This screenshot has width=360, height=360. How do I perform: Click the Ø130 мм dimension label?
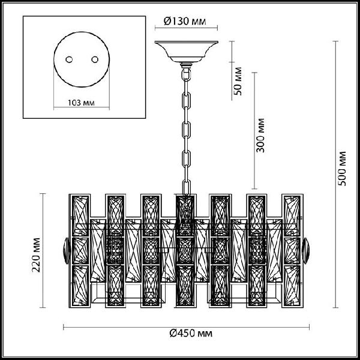click(x=185, y=22)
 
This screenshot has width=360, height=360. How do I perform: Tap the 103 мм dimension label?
click(x=81, y=103)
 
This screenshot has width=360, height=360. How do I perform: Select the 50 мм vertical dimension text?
click(x=238, y=81)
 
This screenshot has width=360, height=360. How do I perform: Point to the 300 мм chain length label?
click(x=260, y=136)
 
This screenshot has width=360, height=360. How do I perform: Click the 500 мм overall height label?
click(x=342, y=169)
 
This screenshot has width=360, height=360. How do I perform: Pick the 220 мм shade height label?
click(x=36, y=255)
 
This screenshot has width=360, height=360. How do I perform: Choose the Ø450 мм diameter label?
click(x=191, y=333)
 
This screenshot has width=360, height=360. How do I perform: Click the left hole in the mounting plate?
click(x=69, y=59)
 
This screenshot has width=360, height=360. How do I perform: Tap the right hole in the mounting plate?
click(x=95, y=59)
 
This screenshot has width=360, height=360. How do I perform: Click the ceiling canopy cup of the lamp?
click(x=186, y=52)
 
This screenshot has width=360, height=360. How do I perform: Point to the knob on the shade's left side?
click(x=67, y=251)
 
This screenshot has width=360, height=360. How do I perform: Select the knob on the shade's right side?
click(x=306, y=251)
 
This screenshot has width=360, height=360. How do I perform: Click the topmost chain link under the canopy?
click(x=186, y=74)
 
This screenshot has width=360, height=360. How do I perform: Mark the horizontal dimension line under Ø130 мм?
click(x=186, y=28)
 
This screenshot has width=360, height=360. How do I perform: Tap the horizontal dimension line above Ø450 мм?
click(x=186, y=327)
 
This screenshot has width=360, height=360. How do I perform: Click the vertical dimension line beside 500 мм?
click(x=335, y=174)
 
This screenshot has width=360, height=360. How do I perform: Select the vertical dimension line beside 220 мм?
click(x=43, y=250)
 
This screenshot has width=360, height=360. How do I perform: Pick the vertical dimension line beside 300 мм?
click(x=254, y=131)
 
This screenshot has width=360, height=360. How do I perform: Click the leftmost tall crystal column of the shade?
click(x=80, y=251)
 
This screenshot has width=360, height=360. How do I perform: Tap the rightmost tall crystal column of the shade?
click(x=293, y=251)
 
